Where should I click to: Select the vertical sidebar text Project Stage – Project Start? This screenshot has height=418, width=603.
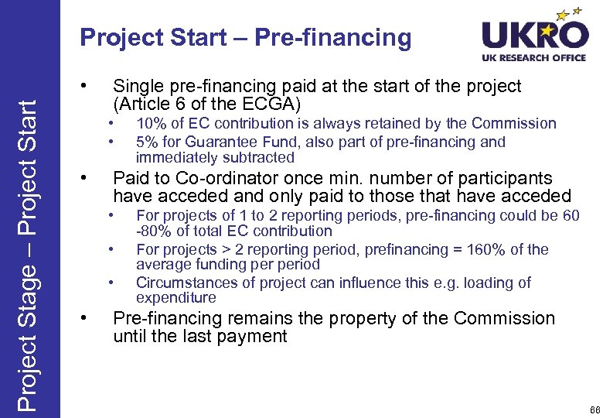coord(29,245)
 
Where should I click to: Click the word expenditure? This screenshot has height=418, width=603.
coord(175,298)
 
